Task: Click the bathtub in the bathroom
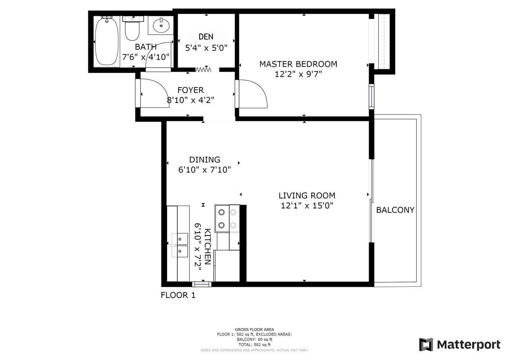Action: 107,41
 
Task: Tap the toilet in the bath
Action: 133,28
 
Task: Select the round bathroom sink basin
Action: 161,25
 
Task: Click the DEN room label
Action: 206,37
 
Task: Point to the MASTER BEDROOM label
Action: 298,64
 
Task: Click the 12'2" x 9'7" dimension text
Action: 298,74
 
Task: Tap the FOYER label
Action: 190,90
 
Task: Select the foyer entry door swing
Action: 155,93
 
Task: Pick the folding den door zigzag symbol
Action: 203,69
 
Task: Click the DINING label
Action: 204,160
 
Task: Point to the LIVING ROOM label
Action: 307,195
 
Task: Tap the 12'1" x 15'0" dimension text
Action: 307,205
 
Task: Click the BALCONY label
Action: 395,210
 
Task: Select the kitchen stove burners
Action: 227,219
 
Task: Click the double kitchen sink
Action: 180,245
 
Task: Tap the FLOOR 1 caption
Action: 178,295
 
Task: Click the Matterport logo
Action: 460,344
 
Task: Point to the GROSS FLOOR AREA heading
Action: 254,329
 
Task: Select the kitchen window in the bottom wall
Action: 202,284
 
